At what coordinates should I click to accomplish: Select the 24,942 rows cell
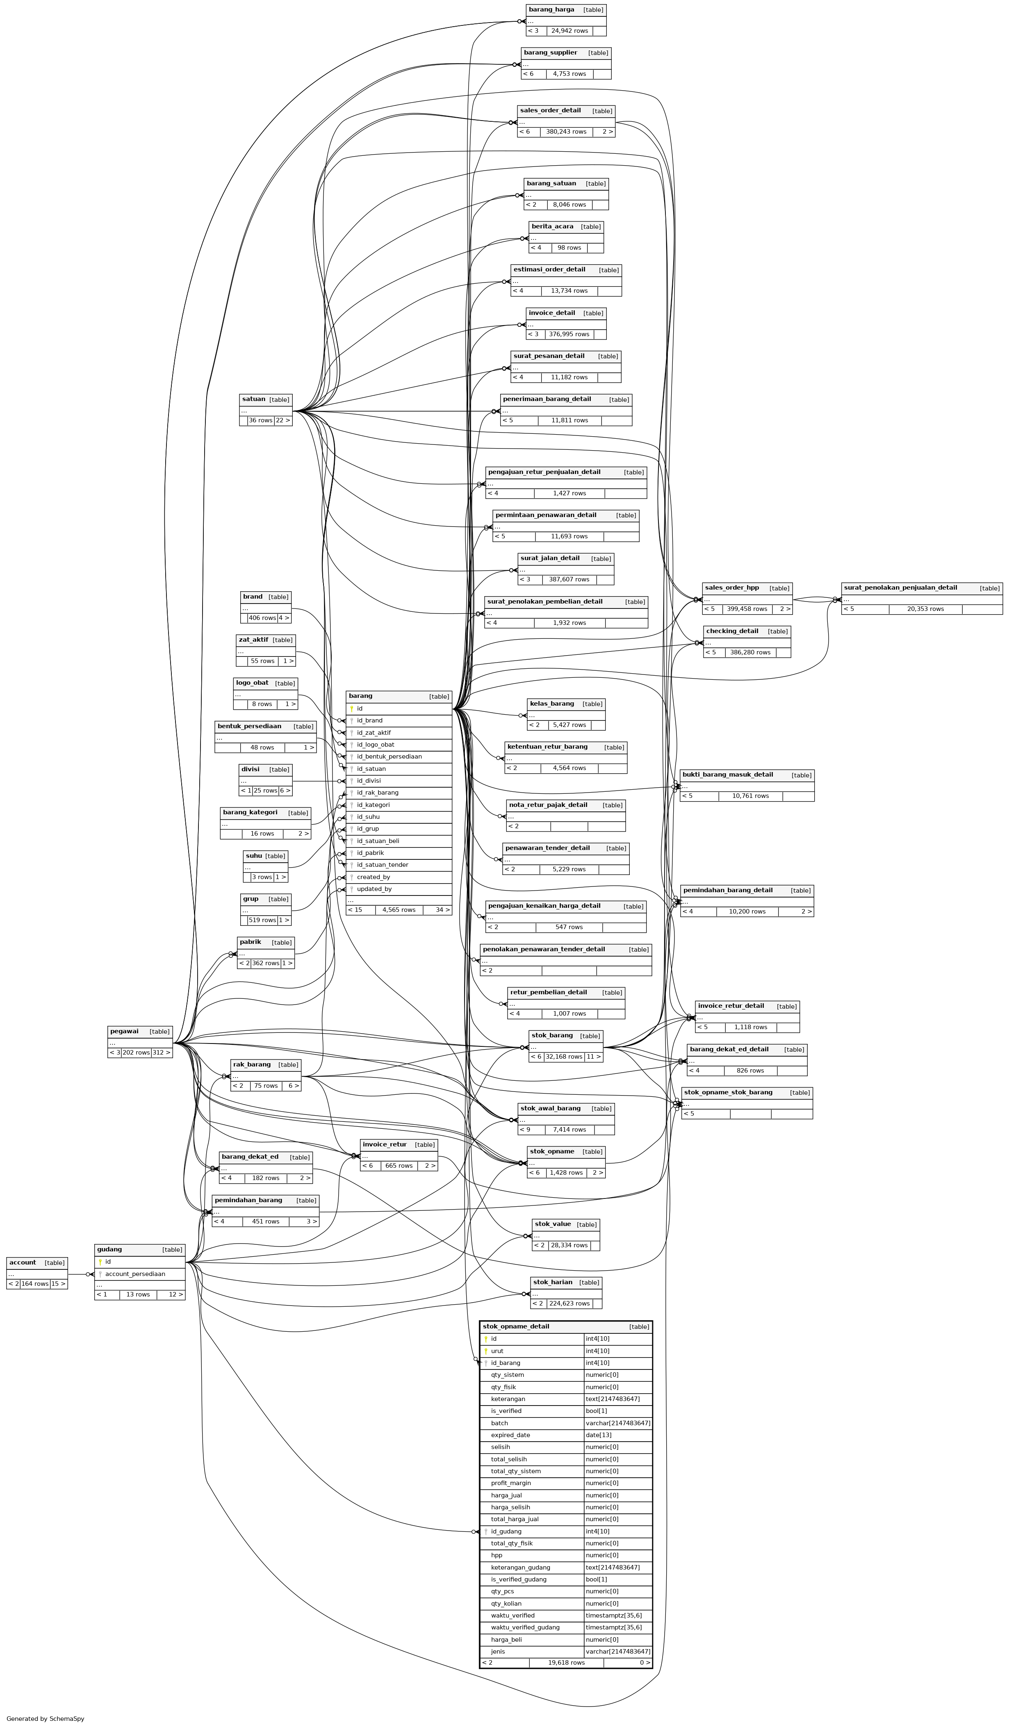(569, 31)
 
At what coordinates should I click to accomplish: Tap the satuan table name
(254, 399)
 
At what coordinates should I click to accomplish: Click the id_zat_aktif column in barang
(374, 733)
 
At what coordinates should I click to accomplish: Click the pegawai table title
(124, 1032)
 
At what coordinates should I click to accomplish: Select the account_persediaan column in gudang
(135, 1274)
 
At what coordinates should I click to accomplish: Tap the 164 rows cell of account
(34, 1284)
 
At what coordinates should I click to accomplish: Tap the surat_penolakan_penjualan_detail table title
(900, 588)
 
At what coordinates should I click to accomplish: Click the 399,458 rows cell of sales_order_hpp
(747, 608)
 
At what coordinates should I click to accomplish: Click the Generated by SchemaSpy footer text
(45, 1719)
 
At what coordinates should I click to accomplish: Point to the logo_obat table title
(252, 683)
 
